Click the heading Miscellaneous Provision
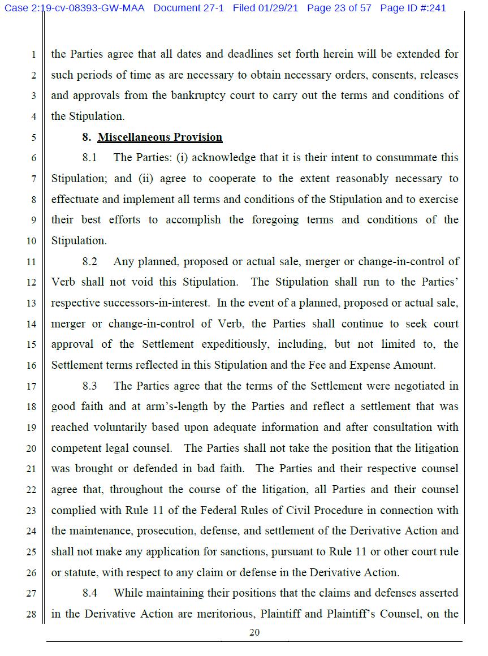(160, 137)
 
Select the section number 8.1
(89, 158)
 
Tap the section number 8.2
(89, 261)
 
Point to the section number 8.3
(89, 386)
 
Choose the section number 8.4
(89, 593)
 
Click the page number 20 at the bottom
(254, 632)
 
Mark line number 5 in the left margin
(33, 137)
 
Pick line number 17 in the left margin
(31, 386)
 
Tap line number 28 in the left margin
(31, 614)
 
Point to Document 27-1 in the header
(190, 8)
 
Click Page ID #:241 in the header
(413, 8)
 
